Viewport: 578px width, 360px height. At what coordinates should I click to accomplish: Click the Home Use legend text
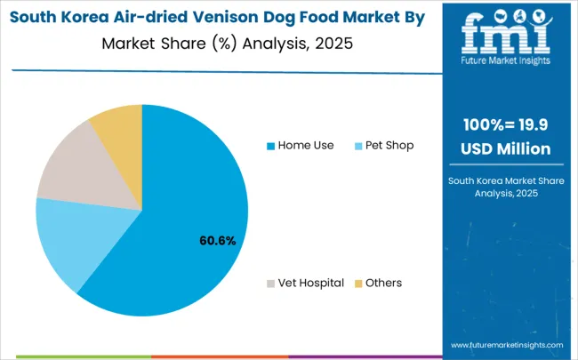(306, 145)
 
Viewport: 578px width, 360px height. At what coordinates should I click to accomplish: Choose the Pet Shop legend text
(389, 145)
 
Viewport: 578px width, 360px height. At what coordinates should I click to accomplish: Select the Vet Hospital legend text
(310, 283)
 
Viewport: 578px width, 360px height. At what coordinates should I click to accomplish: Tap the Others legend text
(384, 283)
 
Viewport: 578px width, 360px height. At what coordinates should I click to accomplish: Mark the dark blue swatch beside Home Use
(271, 145)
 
